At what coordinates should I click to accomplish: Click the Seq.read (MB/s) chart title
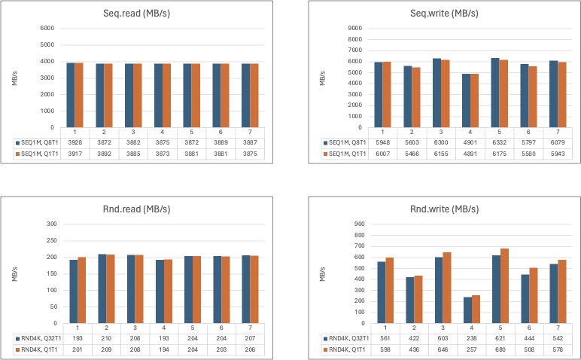136,14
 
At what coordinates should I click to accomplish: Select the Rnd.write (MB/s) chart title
444,209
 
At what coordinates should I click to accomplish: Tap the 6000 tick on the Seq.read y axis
47,28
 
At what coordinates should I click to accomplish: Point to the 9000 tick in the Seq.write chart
355,28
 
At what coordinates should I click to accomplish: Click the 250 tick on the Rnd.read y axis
52,240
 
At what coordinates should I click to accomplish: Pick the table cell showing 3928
75,143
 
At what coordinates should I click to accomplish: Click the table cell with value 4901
470,143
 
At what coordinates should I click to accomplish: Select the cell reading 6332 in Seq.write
499,143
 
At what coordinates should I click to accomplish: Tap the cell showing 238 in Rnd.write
471,338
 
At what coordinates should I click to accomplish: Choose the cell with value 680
500,349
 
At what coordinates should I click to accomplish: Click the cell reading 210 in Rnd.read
106,338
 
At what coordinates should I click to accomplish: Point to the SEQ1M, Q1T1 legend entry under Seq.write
345,154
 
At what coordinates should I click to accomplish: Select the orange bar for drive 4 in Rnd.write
476,310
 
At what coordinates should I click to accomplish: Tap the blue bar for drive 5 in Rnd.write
496,289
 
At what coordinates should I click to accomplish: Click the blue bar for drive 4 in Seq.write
466,100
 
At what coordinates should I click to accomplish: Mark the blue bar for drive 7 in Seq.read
245,96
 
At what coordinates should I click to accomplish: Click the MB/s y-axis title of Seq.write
322,78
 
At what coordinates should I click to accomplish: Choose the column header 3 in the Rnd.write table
443,328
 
